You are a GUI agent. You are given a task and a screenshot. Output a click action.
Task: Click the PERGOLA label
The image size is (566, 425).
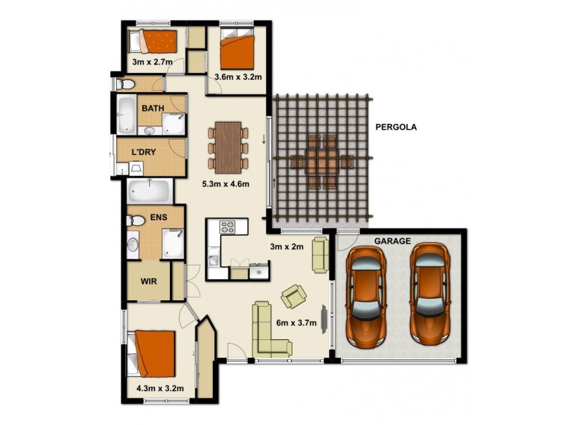pyautogui.click(x=396, y=128)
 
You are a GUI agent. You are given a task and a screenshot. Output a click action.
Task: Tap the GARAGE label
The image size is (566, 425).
pyautogui.click(x=393, y=241)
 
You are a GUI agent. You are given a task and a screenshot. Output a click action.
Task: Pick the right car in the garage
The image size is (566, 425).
pyautogui.click(x=429, y=293)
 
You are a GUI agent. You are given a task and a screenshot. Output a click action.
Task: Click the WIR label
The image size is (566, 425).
pyautogui.click(x=149, y=281)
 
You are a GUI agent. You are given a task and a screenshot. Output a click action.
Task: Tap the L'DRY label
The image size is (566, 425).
pyautogui.click(x=144, y=152)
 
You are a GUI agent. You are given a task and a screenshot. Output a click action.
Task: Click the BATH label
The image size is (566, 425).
pyautogui.click(x=153, y=108)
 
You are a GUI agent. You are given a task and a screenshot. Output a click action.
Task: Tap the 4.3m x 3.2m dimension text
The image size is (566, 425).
pyautogui.click(x=160, y=388)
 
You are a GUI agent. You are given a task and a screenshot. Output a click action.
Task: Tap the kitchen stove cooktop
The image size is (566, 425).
pyautogui.click(x=228, y=227)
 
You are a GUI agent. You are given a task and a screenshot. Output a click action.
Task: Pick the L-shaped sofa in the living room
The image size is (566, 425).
pyautogui.click(x=270, y=329)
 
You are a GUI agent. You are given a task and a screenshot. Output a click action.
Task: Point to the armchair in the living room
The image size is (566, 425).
pyautogui.click(x=294, y=294)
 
